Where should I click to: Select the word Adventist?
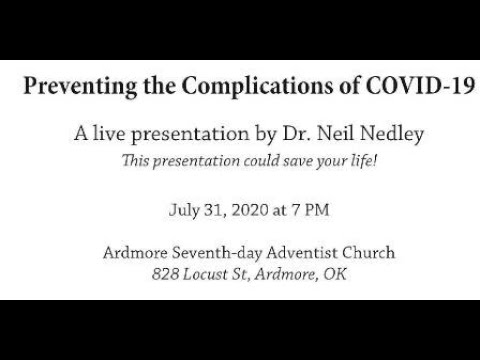coord(297,252)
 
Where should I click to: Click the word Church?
coord(355,252)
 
